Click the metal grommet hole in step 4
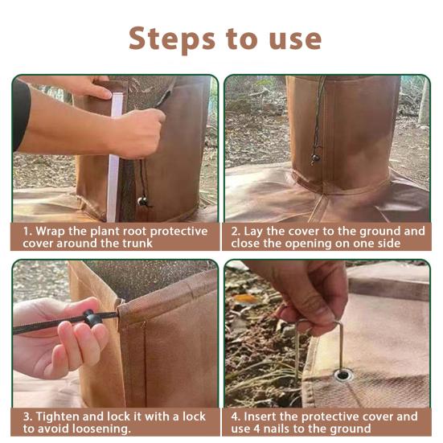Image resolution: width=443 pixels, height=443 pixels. [343, 374]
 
